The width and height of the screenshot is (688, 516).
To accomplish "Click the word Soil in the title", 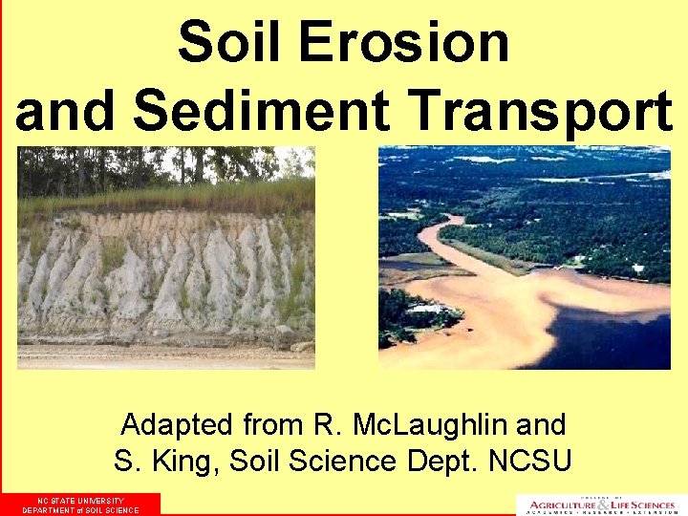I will pos(231,42).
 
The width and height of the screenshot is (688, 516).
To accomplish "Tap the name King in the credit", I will pos(186,462).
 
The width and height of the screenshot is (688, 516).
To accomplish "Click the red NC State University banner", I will pos(81,505).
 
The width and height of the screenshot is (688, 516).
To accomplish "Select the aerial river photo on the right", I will pos(525,257).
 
